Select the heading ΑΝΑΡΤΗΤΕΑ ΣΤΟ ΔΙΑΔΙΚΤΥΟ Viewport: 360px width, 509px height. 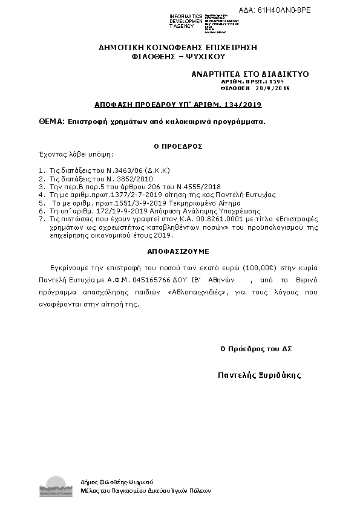coord(250,74)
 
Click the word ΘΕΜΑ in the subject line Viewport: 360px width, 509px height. coord(51,122)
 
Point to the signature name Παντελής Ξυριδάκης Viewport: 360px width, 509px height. coord(259,375)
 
